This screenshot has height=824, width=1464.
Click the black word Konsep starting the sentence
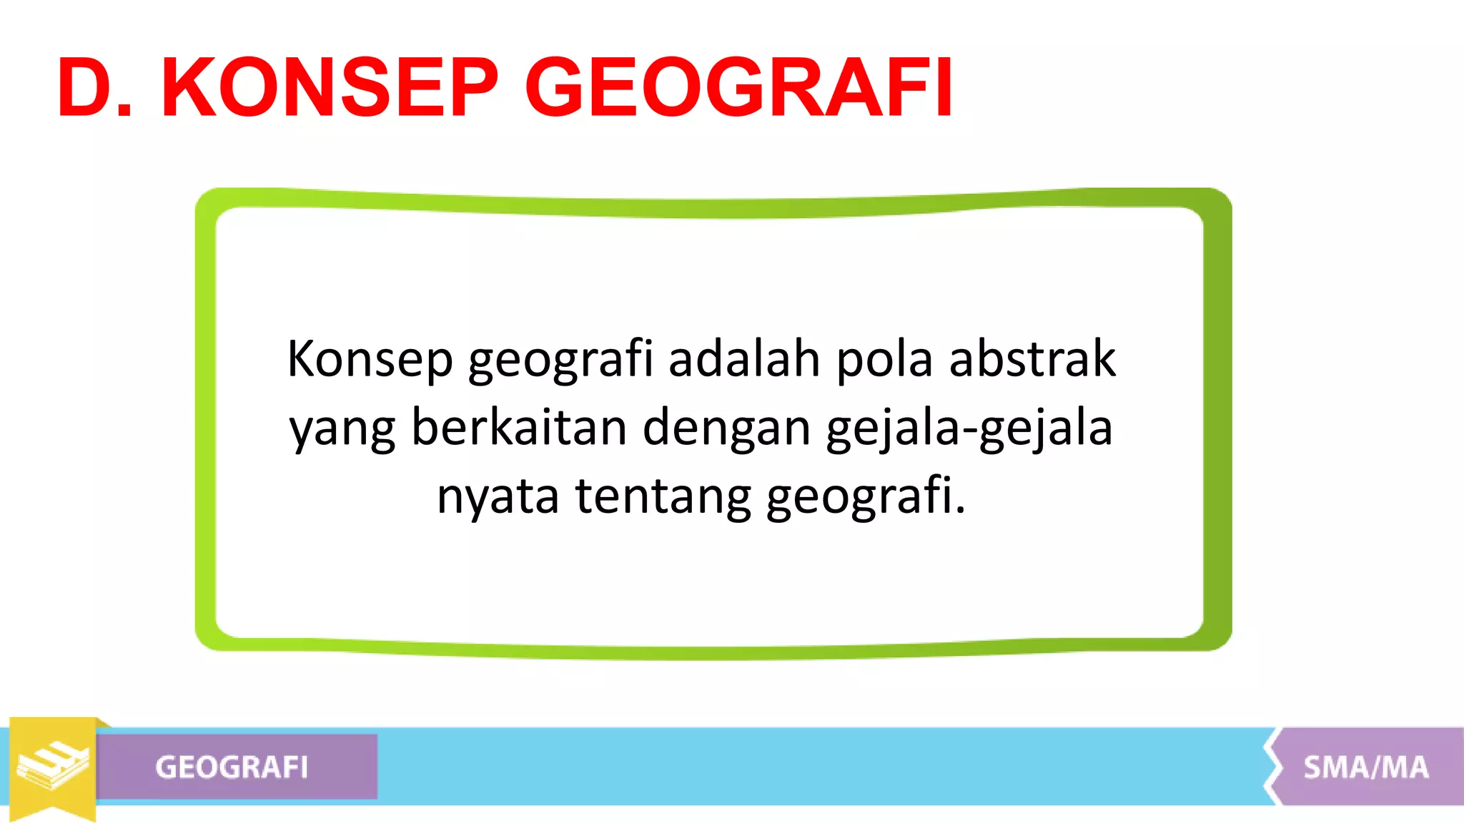(370, 359)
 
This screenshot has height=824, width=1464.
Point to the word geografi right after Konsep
(560, 359)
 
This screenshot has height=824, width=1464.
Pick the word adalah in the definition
(744, 359)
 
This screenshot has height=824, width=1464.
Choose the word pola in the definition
(884, 359)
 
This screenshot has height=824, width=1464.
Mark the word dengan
(726, 429)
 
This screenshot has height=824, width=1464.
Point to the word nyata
(498, 496)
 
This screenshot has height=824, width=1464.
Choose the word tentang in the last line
(663, 496)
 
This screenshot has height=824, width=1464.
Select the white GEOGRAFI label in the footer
(232, 767)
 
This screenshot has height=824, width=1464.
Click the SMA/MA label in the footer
(1365, 767)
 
